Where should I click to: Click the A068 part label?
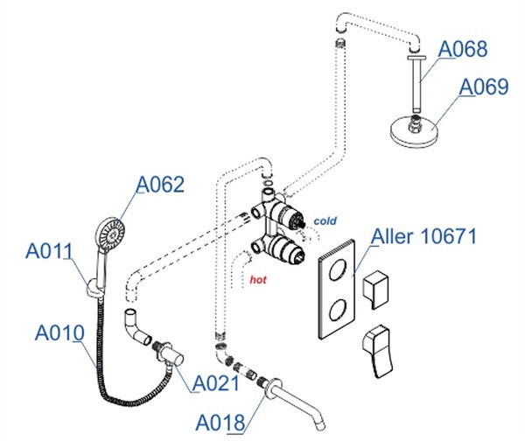coord(462,49)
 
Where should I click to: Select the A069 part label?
coord(484,87)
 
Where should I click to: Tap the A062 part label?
coord(160,185)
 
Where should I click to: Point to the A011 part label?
coord(49,250)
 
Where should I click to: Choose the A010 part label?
coord(59,332)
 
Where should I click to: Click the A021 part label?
coord(216,383)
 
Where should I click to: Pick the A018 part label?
coord(220,423)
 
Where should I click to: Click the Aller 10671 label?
coord(423,236)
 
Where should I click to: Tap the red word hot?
coord(258,280)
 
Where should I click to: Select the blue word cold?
coord(325,221)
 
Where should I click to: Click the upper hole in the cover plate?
coord(337,269)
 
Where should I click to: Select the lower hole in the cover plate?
coord(337,310)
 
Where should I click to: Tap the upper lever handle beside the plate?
coord(376,289)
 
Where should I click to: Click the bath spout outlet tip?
coord(321,426)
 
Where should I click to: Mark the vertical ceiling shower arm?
coord(416,84)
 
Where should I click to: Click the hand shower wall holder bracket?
coord(94,289)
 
